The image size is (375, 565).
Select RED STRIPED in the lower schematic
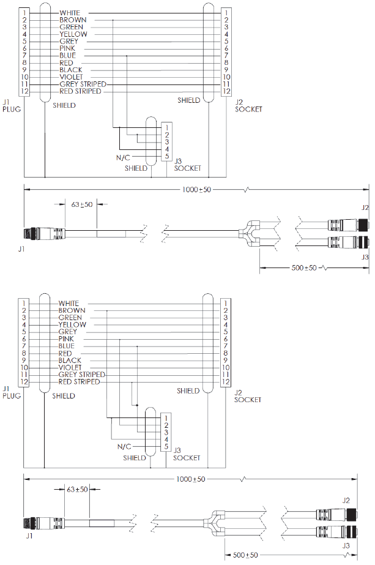[x=79, y=382]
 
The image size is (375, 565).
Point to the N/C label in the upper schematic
[x=123, y=157]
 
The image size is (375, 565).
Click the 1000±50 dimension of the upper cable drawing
[x=196, y=190]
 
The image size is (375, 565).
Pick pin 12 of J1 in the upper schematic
[x=24, y=91]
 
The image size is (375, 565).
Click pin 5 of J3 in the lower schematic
[x=166, y=446]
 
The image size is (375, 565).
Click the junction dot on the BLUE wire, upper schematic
[x=127, y=56]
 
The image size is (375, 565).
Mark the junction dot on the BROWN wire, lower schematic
[x=107, y=310]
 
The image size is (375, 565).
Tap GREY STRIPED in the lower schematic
[x=81, y=375]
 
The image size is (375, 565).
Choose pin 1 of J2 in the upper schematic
[x=226, y=12]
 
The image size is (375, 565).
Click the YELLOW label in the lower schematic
[x=72, y=324]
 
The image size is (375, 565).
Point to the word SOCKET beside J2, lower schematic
[x=248, y=400]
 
